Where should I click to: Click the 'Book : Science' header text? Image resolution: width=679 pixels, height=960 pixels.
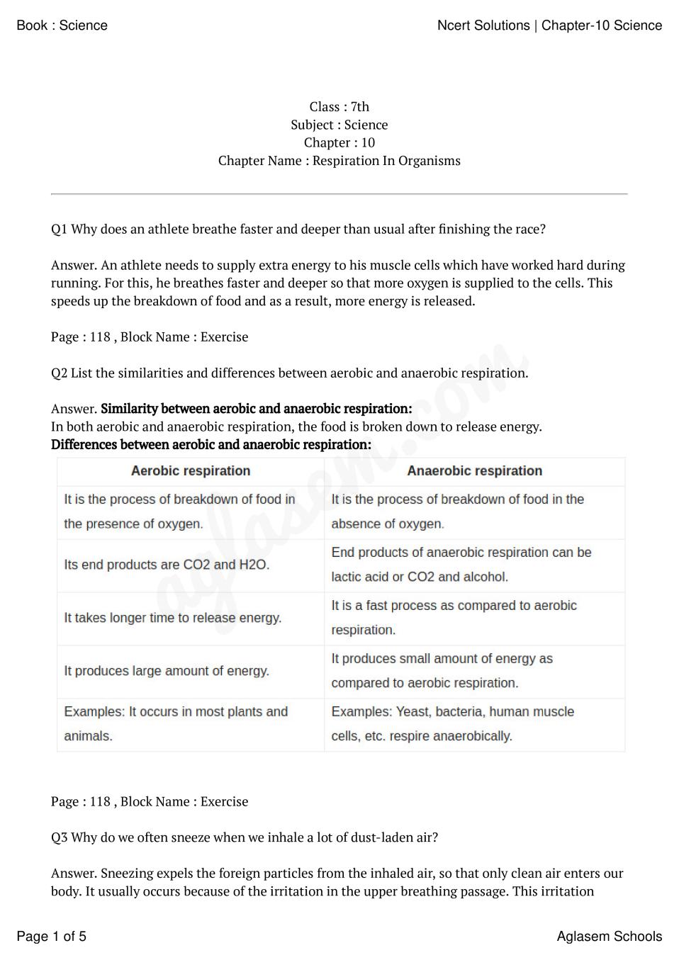62,26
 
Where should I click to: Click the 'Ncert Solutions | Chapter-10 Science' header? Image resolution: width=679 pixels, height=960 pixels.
549,26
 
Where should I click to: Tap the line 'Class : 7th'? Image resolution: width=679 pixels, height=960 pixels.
339,107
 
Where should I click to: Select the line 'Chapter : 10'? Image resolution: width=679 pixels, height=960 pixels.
339,142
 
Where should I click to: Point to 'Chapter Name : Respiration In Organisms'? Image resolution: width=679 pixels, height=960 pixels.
339,161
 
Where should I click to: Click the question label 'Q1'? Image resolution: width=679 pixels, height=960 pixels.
59,230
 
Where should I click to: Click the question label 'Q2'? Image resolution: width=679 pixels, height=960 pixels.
59,373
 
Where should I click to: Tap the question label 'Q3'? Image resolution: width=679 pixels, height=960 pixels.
59,837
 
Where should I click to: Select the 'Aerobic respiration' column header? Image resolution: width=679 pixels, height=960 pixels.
191,471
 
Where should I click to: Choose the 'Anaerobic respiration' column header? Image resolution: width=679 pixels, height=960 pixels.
474,471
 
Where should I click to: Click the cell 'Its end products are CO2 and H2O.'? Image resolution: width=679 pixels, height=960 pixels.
167,565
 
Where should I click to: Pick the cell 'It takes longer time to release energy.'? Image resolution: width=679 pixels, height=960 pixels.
172,619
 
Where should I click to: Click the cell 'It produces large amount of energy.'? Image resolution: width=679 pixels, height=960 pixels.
167,671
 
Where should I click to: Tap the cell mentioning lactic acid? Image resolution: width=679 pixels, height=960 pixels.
461,565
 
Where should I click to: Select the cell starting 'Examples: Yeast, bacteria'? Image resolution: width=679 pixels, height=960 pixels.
452,724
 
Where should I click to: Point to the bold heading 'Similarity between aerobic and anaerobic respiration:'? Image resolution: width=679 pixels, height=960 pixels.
256,409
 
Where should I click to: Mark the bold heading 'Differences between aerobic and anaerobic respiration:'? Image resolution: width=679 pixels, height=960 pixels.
211,445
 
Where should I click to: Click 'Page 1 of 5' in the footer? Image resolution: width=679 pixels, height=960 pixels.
51,937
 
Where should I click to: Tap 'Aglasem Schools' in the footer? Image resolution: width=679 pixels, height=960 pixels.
609,937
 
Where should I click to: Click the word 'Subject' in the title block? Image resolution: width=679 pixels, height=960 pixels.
313,125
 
